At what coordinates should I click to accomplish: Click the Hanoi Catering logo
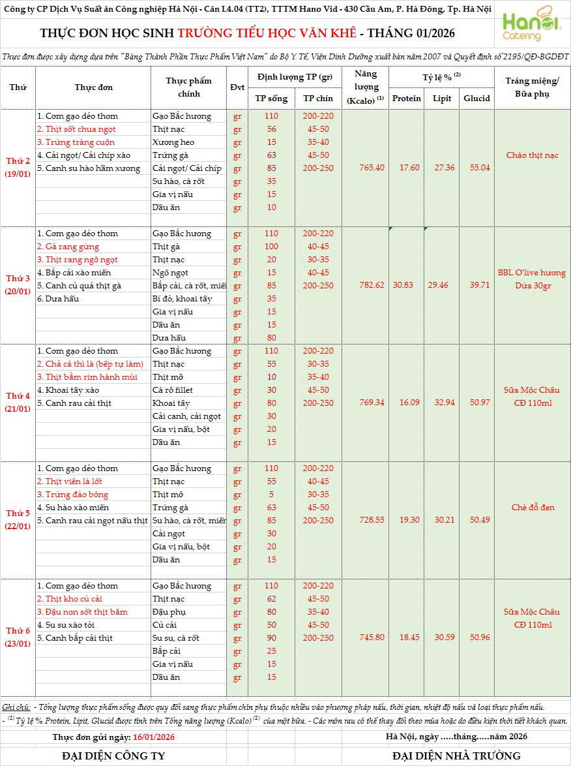[x=531, y=26]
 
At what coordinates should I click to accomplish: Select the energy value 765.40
[x=372, y=168]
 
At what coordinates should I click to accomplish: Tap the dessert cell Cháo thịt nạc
[x=532, y=155]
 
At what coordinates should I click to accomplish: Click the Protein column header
[x=407, y=99]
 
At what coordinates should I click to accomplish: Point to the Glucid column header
[x=476, y=99]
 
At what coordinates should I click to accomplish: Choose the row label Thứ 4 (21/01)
[x=18, y=403]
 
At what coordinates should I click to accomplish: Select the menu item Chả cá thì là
[x=89, y=364]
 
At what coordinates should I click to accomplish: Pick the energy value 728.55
[x=372, y=520]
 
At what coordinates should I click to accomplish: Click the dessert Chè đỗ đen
[x=532, y=507]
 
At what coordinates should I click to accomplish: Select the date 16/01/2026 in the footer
[x=153, y=737]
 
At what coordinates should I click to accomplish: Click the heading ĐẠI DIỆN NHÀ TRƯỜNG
[x=456, y=756]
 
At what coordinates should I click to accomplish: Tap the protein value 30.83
[x=407, y=285]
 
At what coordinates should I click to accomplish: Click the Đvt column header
[x=237, y=87]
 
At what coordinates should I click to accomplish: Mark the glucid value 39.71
[x=476, y=285]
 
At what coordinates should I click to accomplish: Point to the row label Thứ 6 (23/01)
[x=18, y=637]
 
